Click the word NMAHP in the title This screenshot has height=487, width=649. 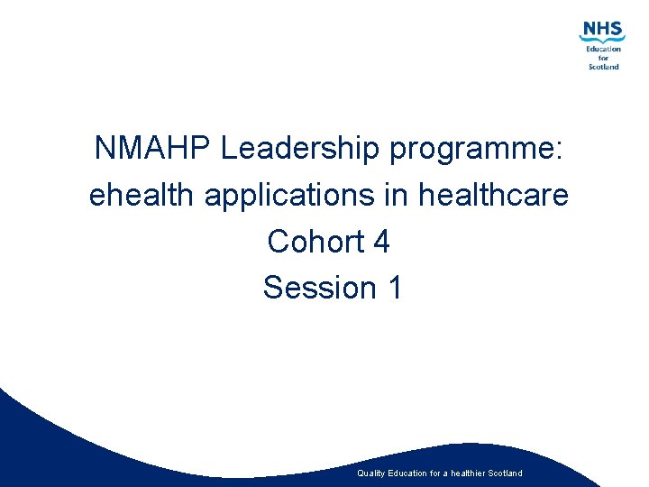coord(152,150)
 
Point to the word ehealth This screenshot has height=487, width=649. coord(142,196)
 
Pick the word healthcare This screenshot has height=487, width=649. coord(494,196)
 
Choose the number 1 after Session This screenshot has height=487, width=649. coord(394,288)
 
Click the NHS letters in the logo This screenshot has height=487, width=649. coord(602,30)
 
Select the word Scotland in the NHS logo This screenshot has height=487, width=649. coord(604,67)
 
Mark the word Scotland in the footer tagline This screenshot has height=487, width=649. coord(504,473)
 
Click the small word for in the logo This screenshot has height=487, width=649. coord(604,58)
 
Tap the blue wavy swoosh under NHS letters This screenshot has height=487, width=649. coord(602,40)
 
